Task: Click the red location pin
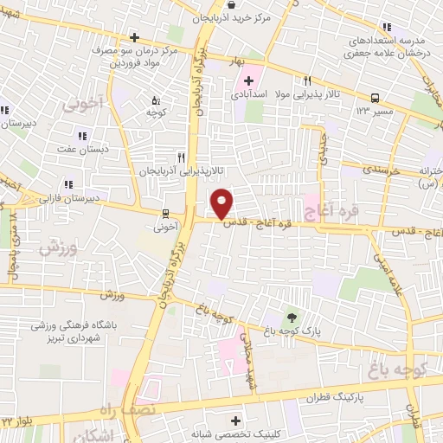tap(222, 202)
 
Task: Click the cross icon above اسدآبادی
tap(247, 80)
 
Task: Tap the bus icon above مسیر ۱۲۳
tap(376, 98)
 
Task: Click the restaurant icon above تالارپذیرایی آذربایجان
tap(181, 157)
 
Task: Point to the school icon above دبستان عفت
tap(82, 135)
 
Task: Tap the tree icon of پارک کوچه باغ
tap(292, 317)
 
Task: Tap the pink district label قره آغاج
tap(324, 207)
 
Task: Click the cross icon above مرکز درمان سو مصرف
tap(134, 37)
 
